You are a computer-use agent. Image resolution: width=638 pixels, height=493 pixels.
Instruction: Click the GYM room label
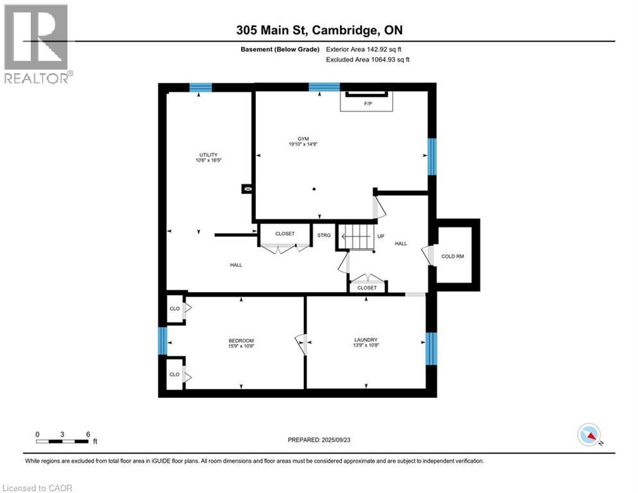pyautogui.click(x=294, y=138)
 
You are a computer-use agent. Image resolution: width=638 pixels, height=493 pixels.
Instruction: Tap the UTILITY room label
pyautogui.click(x=208, y=154)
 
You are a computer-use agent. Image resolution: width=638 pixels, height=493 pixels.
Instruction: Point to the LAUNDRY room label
pyautogui.click(x=365, y=340)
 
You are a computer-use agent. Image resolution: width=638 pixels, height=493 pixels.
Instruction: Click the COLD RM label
pyautogui.click(x=452, y=256)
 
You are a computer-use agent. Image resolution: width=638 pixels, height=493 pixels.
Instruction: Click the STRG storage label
pyautogui.click(x=324, y=236)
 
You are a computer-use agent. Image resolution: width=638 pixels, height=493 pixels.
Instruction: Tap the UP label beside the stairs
pyautogui.click(x=380, y=236)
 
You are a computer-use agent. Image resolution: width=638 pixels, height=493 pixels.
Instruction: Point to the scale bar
pyautogui.click(x=62, y=440)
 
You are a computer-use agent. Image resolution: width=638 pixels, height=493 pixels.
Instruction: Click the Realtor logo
pyautogui.click(x=37, y=44)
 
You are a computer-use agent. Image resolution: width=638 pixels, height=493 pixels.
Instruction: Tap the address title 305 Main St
pyautogui.click(x=319, y=30)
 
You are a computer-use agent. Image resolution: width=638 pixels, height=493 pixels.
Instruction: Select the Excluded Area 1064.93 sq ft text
pyautogui.click(x=367, y=60)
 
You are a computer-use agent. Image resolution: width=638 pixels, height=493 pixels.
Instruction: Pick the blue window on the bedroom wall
pyautogui.click(x=162, y=340)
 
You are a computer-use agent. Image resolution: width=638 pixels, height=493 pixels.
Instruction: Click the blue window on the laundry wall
pyautogui.click(x=431, y=347)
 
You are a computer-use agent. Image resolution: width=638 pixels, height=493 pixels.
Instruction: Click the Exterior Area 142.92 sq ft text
pyautogui.click(x=364, y=49)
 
